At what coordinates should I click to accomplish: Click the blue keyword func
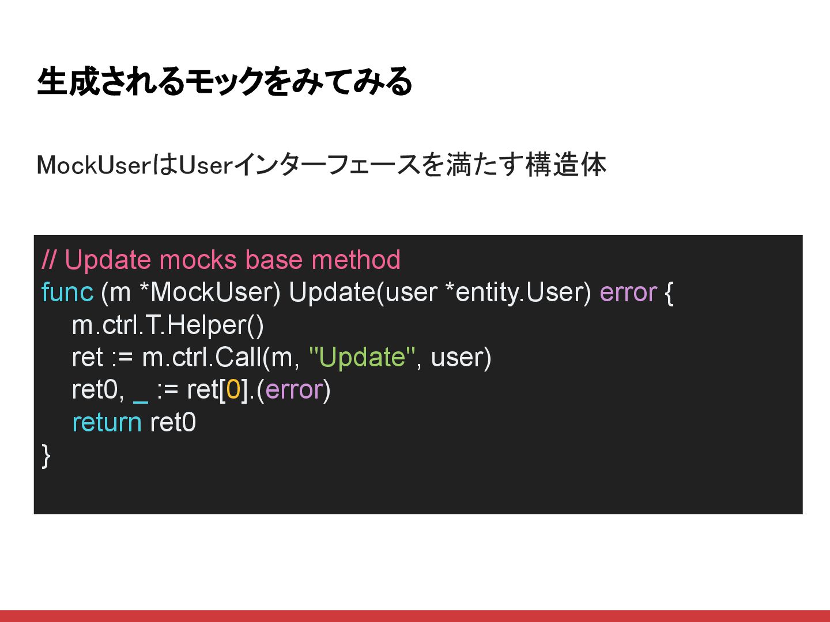click(x=67, y=292)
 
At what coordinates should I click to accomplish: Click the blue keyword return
click(x=107, y=422)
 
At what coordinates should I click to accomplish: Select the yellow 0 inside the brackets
click(x=233, y=390)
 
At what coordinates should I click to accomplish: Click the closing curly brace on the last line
click(x=46, y=456)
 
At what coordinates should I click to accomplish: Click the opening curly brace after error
click(x=669, y=293)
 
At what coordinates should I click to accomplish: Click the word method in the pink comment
click(x=356, y=260)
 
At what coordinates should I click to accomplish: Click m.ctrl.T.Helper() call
click(x=168, y=325)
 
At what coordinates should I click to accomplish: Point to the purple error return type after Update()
click(x=628, y=292)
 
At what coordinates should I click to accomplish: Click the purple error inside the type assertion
click(x=293, y=390)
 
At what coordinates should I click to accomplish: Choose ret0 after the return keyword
click(x=173, y=422)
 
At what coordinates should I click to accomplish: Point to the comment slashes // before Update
click(x=49, y=260)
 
